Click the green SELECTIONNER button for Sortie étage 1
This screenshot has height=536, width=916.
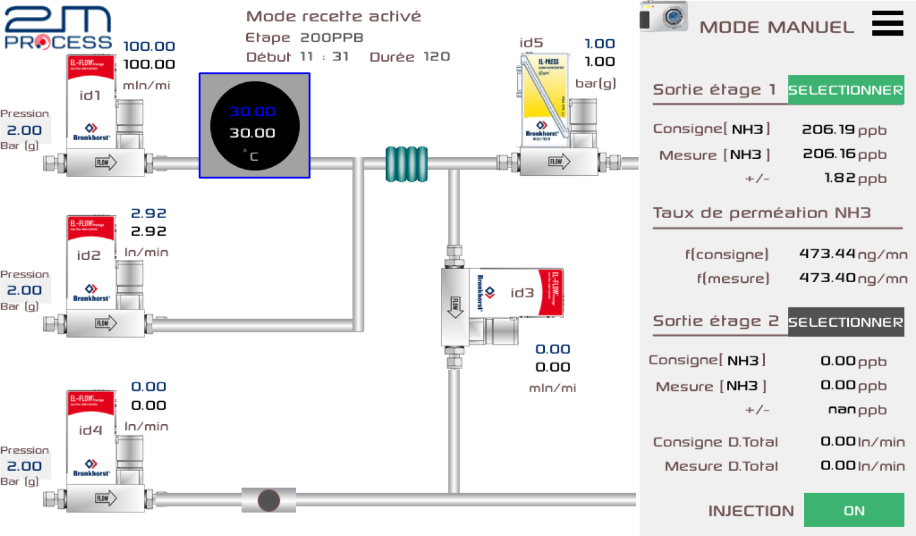click(845, 90)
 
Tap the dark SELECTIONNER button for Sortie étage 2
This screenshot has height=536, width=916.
click(845, 322)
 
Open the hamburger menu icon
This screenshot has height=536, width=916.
click(887, 24)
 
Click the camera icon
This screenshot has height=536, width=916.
click(664, 16)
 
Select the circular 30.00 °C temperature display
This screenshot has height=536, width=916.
click(255, 125)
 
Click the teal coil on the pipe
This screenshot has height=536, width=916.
click(406, 164)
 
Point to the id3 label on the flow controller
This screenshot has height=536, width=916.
click(522, 293)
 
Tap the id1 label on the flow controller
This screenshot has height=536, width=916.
click(90, 95)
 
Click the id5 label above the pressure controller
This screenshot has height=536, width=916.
click(531, 43)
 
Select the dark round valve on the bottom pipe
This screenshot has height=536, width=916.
click(269, 500)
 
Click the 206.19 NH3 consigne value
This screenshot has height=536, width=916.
click(828, 129)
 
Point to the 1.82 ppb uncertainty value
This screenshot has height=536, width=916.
click(840, 178)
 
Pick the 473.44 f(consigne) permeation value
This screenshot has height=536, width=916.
click(827, 254)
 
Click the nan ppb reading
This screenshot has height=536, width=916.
click(842, 410)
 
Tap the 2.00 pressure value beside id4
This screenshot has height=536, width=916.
click(24, 466)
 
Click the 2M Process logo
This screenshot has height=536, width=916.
click(58, 28)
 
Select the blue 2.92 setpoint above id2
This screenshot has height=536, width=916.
click(148, 213)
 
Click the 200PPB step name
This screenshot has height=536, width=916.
click(331, 37)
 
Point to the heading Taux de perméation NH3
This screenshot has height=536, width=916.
click(761, 213)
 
